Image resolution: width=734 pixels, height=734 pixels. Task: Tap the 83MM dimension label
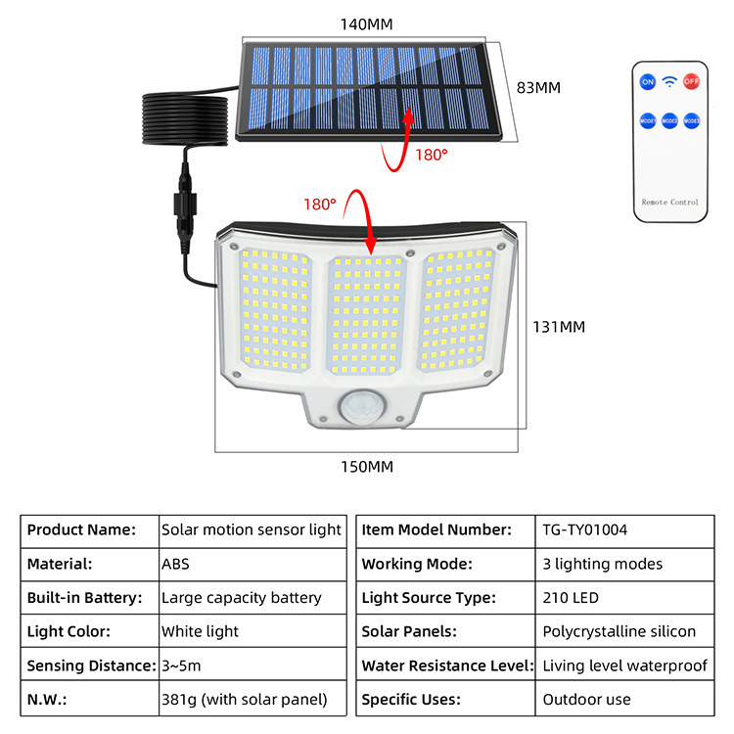[538, 87]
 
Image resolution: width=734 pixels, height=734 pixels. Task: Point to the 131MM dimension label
[558, 327]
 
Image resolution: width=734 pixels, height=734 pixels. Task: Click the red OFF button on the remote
[692, 81]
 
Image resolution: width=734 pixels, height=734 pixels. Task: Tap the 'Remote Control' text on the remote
[669, 202]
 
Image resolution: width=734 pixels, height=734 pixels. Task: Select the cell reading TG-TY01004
[584, 529]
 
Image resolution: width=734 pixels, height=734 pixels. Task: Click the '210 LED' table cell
[571, 597]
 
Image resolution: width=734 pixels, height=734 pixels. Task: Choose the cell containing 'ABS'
[175, 564]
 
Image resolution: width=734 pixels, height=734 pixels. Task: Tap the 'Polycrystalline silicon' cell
[619, 631]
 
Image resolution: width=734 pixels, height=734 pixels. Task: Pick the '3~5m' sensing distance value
[182, 665]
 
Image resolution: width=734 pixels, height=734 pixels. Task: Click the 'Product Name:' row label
[81, 529]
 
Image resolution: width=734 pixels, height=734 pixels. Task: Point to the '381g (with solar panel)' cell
[244, 700]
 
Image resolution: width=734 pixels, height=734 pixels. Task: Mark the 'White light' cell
[200, 631]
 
